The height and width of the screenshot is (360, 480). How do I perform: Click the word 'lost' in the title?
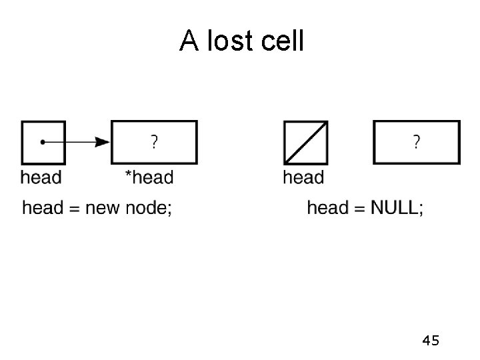pos(231,42)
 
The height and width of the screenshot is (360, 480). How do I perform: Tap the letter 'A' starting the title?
pos(189,42)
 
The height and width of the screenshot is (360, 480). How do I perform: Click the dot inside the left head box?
pos(42,142)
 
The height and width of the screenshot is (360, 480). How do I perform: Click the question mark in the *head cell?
pos(154,141)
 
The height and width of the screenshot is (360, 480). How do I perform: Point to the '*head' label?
pos(149,177)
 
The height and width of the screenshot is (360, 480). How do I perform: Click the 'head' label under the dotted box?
pos(41,177)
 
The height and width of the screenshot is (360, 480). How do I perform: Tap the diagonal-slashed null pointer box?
pos(305,142)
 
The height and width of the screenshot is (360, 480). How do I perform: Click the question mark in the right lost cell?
pos(417,141)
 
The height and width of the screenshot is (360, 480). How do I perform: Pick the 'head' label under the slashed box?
pos(303,177)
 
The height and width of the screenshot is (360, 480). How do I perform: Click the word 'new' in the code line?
pos(106,208)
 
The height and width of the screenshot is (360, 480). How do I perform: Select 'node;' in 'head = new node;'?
pos(151,208)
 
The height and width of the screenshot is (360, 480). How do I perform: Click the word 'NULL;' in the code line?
pos(396,208)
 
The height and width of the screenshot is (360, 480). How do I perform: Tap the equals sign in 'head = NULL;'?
pos(359,208)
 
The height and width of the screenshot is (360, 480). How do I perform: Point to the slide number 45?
pos(430,341)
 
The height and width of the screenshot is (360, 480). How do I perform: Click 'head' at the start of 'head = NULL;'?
pos(327,208)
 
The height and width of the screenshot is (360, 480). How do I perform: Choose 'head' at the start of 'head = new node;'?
pos(43,208)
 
